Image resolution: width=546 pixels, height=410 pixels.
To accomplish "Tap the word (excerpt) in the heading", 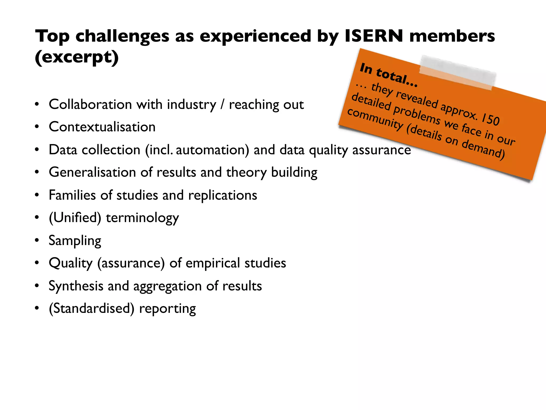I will (77, 57).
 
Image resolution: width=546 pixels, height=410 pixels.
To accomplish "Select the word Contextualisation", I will (102, 127).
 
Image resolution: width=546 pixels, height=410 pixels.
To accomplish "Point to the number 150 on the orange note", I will (490, 119).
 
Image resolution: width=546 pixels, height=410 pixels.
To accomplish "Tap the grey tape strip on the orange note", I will (457, 72).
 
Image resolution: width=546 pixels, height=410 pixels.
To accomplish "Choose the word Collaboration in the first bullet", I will (90, 104).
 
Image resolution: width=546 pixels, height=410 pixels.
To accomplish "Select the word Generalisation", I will (92, 172).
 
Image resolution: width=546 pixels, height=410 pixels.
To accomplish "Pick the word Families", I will (72, 195).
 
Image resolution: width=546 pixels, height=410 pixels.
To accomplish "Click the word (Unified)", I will (75, 218).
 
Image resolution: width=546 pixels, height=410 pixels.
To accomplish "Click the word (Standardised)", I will (91, 309).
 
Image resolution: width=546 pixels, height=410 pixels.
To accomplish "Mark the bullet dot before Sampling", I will (37, 241).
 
